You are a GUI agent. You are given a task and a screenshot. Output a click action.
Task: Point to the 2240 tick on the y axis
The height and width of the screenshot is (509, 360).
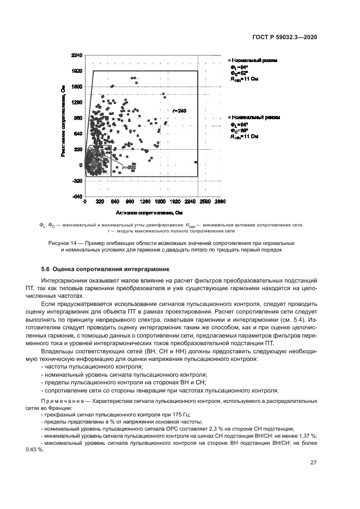pos(76,56)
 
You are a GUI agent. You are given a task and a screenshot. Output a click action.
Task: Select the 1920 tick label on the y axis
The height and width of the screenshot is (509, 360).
pos(76,71)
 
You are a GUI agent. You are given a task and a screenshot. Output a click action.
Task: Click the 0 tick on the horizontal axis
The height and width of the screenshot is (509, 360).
pos(85,201)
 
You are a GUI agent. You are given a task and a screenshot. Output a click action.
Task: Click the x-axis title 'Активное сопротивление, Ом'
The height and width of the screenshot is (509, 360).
pos(148,213)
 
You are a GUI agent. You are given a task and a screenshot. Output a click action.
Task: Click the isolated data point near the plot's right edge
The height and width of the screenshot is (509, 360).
pos(196,162)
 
